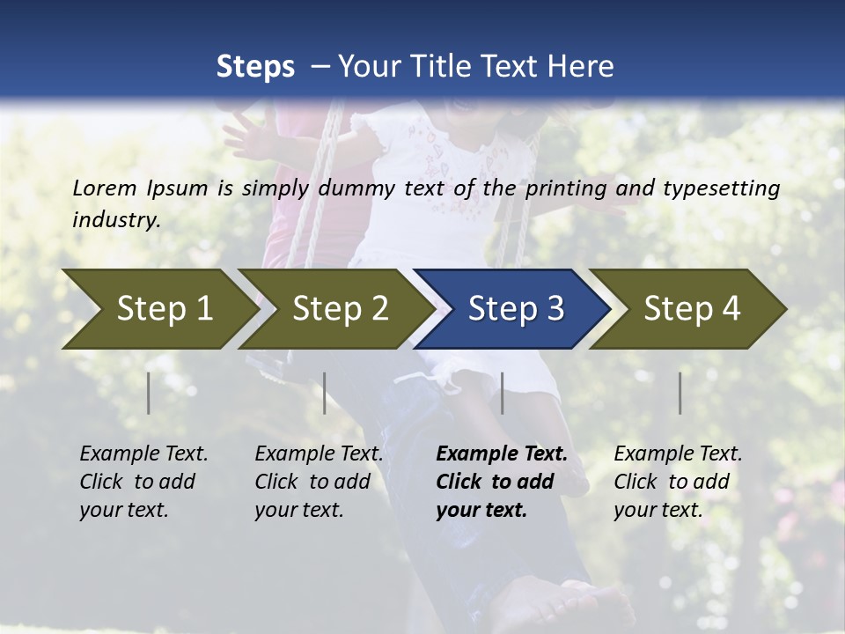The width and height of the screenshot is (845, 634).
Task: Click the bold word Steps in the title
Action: pos(255,67)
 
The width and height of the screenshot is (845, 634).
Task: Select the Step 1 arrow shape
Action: pos(158,309)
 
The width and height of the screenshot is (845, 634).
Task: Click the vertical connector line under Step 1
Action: pos(149,393)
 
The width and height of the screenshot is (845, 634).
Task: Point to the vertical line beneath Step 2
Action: pos(325,393)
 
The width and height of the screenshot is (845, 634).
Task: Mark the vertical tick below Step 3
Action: pos(503,393)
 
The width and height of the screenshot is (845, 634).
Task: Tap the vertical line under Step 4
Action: pos(680,393)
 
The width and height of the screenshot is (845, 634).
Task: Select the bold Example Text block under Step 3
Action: pos(502,482)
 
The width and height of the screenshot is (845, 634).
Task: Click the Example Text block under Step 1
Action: pos(143,482)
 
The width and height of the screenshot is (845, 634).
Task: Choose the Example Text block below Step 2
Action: pos(319,482)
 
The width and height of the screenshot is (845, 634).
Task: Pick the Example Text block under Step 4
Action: pos(678,482)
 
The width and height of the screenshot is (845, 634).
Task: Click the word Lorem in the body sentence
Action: pos(105,188)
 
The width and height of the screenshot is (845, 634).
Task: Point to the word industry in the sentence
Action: pos(116,220)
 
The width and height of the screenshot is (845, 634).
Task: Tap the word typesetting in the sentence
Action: pos(730,188)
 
